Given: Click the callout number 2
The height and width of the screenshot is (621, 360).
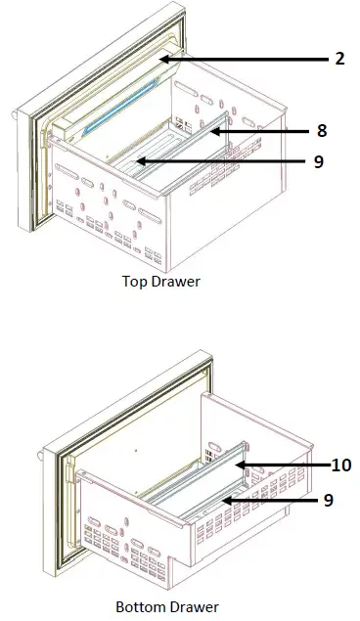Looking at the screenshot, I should pyautogui.click(x=338, y=59).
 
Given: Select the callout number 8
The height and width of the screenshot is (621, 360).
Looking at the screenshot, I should pyautogui.click(x=321, y=130).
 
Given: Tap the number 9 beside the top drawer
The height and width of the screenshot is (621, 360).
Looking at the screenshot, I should pyautogui.click(x=319, y=162).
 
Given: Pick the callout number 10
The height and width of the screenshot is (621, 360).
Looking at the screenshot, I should pyautogui.click(x=340, y=466).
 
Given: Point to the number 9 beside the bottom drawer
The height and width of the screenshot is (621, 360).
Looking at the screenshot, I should pyautogui.click(x=328, y=500).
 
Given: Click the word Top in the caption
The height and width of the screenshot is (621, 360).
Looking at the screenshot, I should pyautogui.click(x=134, y=283).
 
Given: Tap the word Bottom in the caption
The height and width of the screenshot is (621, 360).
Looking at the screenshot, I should pyautogui.click(x=138, y=607).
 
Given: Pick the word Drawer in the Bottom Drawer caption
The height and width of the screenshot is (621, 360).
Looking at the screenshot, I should pyautogui.click(x=193, y=607).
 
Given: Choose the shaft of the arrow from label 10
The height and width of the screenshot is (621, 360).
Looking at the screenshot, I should pyautogui.click(x=289, y=466).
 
